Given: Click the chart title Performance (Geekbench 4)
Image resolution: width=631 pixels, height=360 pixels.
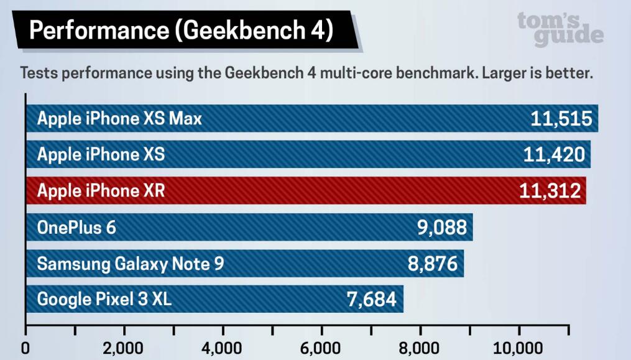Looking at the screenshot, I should pyautogui.click(x=180, y=30).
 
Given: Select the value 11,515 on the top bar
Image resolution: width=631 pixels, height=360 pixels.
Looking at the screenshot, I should pyautogui.click(x=561, y=118).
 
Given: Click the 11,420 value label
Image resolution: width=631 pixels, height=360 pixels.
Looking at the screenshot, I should pyautogui.click(x=554, y=154).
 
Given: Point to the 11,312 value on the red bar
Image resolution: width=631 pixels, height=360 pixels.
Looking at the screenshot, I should pyautogui.click(x=550, y=190).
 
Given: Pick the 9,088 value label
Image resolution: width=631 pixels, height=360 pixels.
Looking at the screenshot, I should pyautogui.click(x=441, y=227).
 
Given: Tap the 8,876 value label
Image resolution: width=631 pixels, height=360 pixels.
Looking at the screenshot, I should pyautogui.click(x=433, y=263).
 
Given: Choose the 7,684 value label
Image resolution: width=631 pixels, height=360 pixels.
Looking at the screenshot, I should pyautogui.click(x=371, y=299).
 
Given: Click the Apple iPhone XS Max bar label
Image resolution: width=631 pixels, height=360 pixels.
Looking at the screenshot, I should pyautogui.click(x=119, y=118).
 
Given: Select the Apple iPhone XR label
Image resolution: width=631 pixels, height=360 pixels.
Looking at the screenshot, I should pyautogui.click(x=101, y=190).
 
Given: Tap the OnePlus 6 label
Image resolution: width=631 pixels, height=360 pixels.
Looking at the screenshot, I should pyautogui.click(x=76, y=227).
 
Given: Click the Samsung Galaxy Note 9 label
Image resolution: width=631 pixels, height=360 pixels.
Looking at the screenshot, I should pyautogui.click(x=130, y=263).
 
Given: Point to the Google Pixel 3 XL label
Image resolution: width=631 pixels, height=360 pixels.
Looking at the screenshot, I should pyautogui.click(x=104, y=299).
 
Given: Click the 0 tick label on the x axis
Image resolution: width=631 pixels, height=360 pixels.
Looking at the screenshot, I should pyautogui.click(x=25, y=348).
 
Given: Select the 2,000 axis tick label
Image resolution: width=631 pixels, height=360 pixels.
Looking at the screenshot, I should pyautogui.click(x=124, y=348).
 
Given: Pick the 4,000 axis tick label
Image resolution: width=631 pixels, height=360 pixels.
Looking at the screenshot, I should pyautogui.click(x=223, y=348).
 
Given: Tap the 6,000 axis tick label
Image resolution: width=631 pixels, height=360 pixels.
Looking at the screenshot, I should pyautogui.click(x=321, y=348).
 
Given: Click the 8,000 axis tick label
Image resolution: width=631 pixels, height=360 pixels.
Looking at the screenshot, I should pyautogui.click(x=420, y=348).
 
